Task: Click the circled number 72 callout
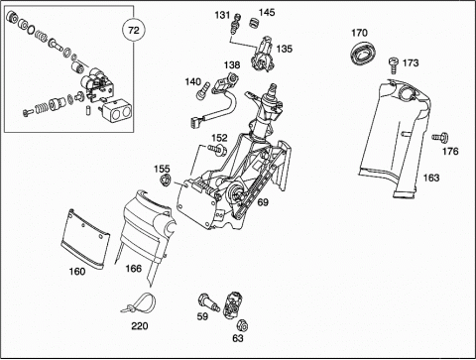click(133, 31)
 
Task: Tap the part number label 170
click(359, 33)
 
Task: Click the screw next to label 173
click(394, 65)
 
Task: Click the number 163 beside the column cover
click(431, 178)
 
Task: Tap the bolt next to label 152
click(217, 150)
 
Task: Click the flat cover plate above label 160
click(85, 238)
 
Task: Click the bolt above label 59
click(208, 302)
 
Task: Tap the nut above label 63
click(242, 325)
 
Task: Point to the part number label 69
click(263, 202)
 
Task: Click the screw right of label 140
click(203, 90)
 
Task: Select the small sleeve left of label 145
click(254, 24)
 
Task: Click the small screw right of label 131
click(235, 24)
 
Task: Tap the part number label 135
click(285, 49)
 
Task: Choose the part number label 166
click(133, 268)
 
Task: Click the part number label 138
click(232, 64)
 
